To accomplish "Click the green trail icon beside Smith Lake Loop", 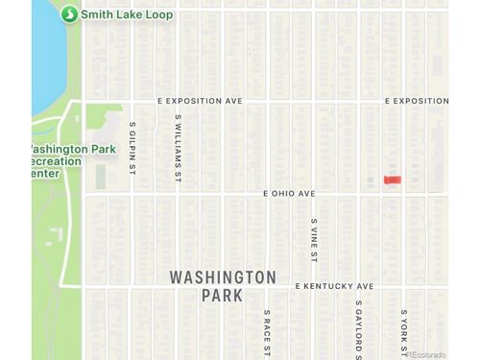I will pos(68,14).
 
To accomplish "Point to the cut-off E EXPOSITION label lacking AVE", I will pos(417,100).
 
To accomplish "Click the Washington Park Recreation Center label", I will pos(73,161).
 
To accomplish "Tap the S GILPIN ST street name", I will pos(132,149).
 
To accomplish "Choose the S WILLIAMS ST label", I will pos(179,149).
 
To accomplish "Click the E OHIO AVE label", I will pos(290,193).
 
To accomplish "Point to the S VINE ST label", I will pos(314,240).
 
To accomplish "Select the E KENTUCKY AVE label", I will pos(334,286).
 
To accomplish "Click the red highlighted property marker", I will pos(392,180).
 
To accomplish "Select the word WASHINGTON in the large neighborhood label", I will pos(223,277).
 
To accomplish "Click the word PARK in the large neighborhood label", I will pos(223,296).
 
